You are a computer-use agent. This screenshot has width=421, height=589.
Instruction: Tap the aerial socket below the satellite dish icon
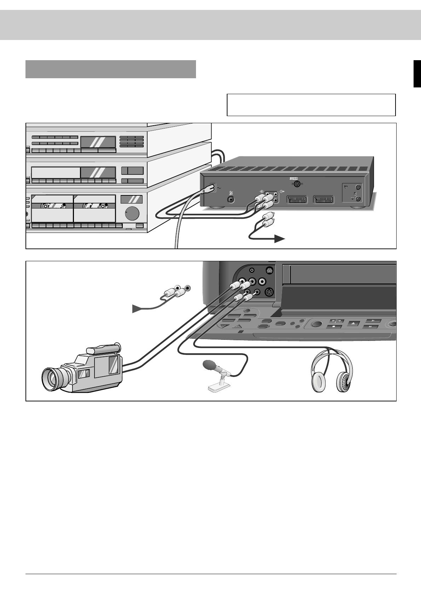coord(232,200)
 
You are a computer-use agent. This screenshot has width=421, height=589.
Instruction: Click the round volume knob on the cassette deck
coord(132,214)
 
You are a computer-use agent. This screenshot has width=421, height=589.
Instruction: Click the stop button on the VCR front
coord(335,327)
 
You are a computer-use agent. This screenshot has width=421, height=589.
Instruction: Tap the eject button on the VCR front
coord(353,323)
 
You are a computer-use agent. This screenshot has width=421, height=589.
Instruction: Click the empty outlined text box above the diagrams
coord(311,105)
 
